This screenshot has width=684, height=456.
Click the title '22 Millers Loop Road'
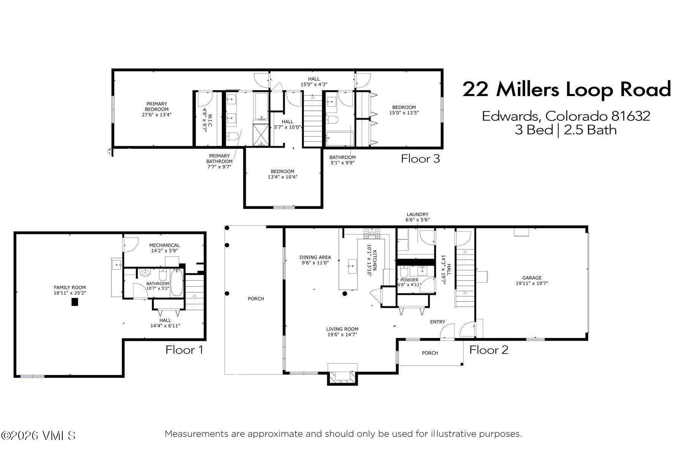point(566,90)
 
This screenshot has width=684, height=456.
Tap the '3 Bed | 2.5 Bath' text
point(565,130)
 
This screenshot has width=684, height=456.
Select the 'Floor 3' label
point(420,158)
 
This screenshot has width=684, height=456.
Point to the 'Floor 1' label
point(184,350)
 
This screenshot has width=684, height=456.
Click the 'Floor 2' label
point(489,350)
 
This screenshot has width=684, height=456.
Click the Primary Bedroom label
point(157,109)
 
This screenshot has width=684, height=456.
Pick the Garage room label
point(532,280)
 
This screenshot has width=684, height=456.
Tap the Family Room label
point(70,290)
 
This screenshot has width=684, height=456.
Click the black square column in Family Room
point(75,302)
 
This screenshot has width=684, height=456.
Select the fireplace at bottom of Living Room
point(342,375)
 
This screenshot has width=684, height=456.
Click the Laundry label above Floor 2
point(417,217)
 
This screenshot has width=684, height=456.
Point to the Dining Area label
point(315,260)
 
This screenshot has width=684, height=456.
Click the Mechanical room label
point(164,248)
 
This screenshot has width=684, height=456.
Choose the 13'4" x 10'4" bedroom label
point(282,174)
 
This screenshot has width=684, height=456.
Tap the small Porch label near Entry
point(430,353)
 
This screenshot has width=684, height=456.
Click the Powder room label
point(409,282)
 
